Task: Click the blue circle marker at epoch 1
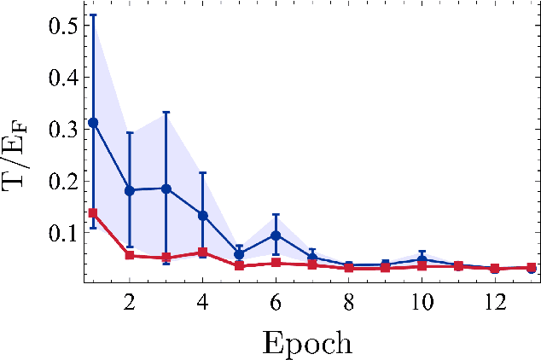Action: pyautogui.click(x=93, y=123)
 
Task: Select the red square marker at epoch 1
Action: pyautogui.click(x=93, y=213)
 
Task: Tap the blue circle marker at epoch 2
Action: pyautogui.click(x=130, y=190)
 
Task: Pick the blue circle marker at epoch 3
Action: pyautogui.click(x=166, y=189)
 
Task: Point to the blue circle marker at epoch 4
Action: pyautogui.click(x=202, y=215)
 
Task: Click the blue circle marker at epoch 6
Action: pyautogui.click(x=276, y=235)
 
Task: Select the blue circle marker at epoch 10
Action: pyautogui.click(x=422, y=259)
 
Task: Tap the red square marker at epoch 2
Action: pyautogui.click(x=130, y=255)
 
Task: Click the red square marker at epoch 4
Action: pyautogui.click(x=202, y=253)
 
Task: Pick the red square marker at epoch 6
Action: pyautogui.click(x=276, y=263)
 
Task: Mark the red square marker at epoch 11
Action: pyautogui.click(x=458, y=266)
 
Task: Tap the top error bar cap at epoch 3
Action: pyautogui.click(x=166, y=112)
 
